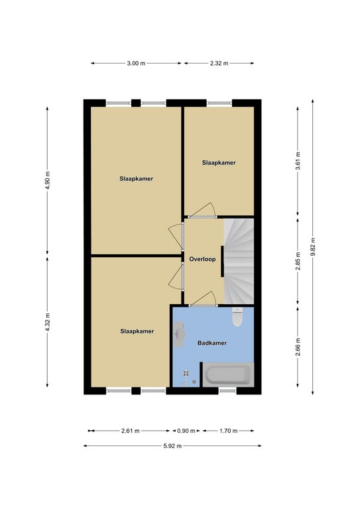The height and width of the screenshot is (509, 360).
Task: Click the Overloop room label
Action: point(202,259)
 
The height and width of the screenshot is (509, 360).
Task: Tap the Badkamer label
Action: point(212,343)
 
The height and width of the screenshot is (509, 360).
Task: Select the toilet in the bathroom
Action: point(237,317)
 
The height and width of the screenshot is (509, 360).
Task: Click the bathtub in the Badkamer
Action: point(228,375)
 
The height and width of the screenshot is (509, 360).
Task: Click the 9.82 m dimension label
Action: point(313,247)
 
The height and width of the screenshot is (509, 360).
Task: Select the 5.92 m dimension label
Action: point(172,445)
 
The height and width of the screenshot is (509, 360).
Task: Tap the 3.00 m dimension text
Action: point(136,64)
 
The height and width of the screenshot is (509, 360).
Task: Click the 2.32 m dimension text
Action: point(219,64)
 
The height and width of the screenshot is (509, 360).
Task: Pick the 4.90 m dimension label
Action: point(47,180)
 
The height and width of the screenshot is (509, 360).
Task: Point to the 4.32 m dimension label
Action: point(47,322)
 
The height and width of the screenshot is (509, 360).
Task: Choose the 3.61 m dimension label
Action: point(298,161)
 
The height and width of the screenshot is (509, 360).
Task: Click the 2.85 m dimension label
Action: point(298,260)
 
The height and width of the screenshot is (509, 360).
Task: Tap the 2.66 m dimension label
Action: point(298,347)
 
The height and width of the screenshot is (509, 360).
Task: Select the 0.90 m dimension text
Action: point(186,431)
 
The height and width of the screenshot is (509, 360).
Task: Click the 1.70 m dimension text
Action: point(229,431)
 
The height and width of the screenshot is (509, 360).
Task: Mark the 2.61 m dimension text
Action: point(130,431)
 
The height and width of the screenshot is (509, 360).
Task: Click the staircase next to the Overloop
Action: point(239,261)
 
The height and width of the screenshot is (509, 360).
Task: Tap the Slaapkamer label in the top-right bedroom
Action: point(219,162)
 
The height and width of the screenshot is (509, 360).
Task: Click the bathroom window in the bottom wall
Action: point(227,391)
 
